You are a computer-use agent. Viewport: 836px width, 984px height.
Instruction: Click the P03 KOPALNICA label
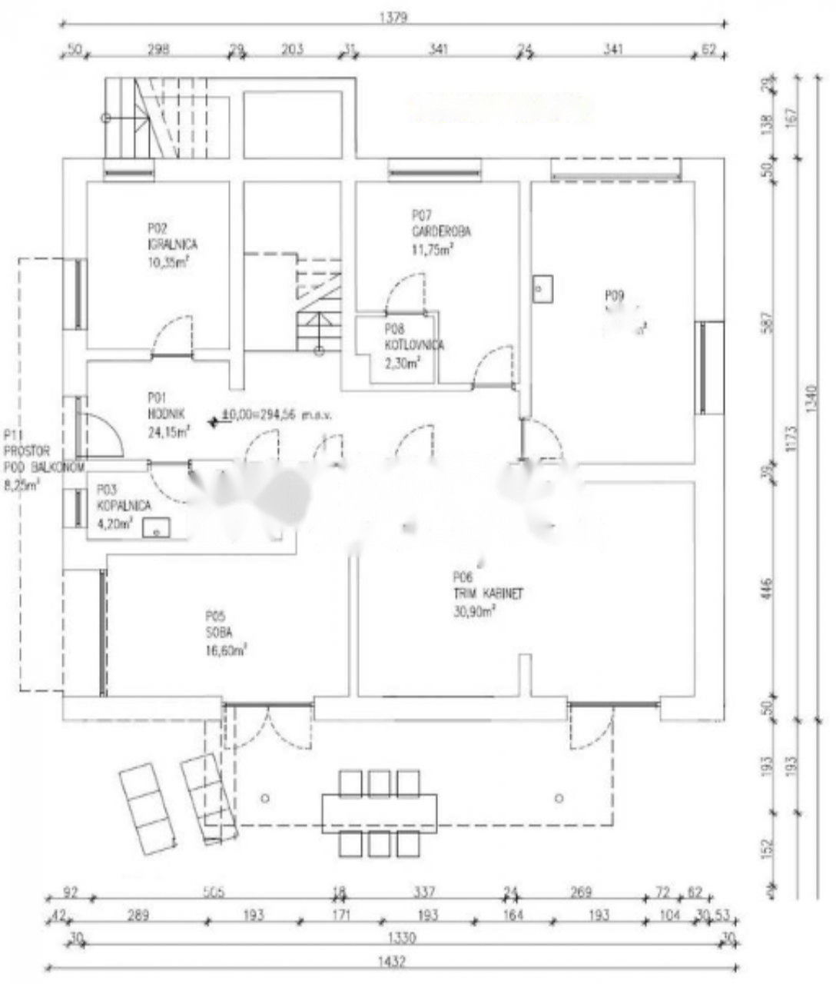[123, 506]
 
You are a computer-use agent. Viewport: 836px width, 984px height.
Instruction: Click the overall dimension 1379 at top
[392, 17]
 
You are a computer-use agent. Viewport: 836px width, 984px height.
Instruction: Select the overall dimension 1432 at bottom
[392, 961]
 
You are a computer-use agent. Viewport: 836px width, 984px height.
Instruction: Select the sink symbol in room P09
[542, 288]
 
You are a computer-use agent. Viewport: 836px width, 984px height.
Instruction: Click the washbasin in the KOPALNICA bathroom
[158, 527]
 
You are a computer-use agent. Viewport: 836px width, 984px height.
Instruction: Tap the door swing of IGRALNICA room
[174, 337]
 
